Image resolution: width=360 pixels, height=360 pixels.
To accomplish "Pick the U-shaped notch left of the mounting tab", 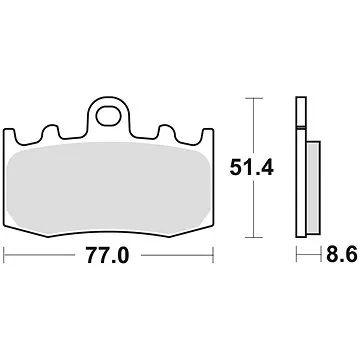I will pyautogui.click(x=79, y=133).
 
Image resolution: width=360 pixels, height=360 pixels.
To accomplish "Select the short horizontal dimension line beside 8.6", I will pyautogui.click(x=306, y=256).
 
